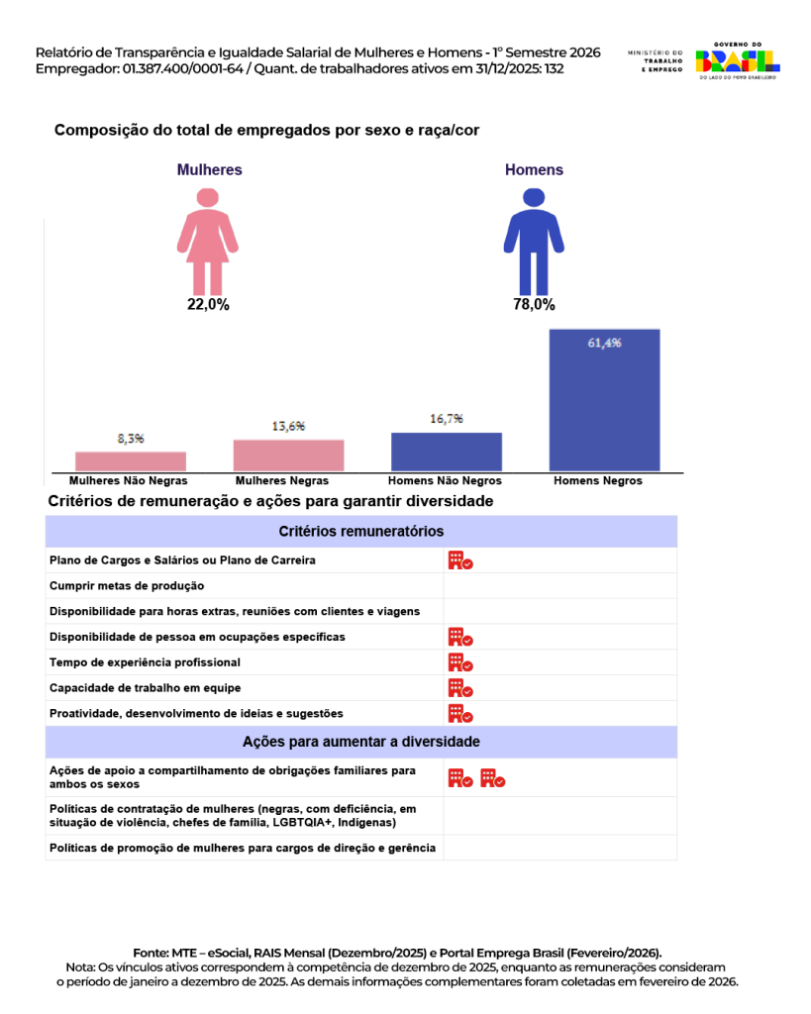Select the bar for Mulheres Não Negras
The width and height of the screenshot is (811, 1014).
tap(131, 460)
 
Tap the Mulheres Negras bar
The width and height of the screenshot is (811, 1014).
tap(288, 455)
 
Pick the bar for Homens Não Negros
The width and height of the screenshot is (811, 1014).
tap(446, 451)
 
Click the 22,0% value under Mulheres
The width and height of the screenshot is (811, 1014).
tap(208, 305)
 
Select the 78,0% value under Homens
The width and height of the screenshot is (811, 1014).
tap(534, 305)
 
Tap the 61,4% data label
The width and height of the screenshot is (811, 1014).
tap(604, 343)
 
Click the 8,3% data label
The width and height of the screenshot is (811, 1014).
tap(131, 438)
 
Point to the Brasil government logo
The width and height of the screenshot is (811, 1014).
tap(737, 61)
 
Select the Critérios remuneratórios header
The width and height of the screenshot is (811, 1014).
tap(360, 532)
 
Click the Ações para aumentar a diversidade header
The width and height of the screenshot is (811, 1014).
tap(360, 742)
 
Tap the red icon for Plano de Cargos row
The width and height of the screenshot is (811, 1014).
tap(459, 560)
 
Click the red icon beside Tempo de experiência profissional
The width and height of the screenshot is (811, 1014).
tap(459, 662)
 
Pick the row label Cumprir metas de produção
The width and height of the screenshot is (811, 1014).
tap(127, 585)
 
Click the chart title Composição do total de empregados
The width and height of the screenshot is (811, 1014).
tap(266, 130)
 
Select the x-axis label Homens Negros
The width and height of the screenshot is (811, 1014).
tap(597, 481)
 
